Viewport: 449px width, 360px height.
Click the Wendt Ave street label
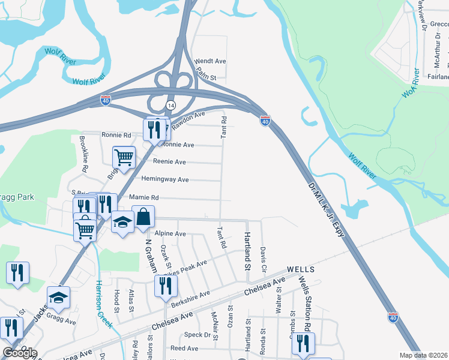tap(210, 61)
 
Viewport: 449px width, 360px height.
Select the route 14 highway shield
tap(171, 106)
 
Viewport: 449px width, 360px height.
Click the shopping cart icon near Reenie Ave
tap(124, 158)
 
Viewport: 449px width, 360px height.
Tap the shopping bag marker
tap(144, 217)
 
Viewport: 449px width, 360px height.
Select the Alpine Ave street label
tap(170, 233)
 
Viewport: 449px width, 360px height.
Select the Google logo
tap(19, 353)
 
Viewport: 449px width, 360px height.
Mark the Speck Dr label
tap(198, 335)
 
